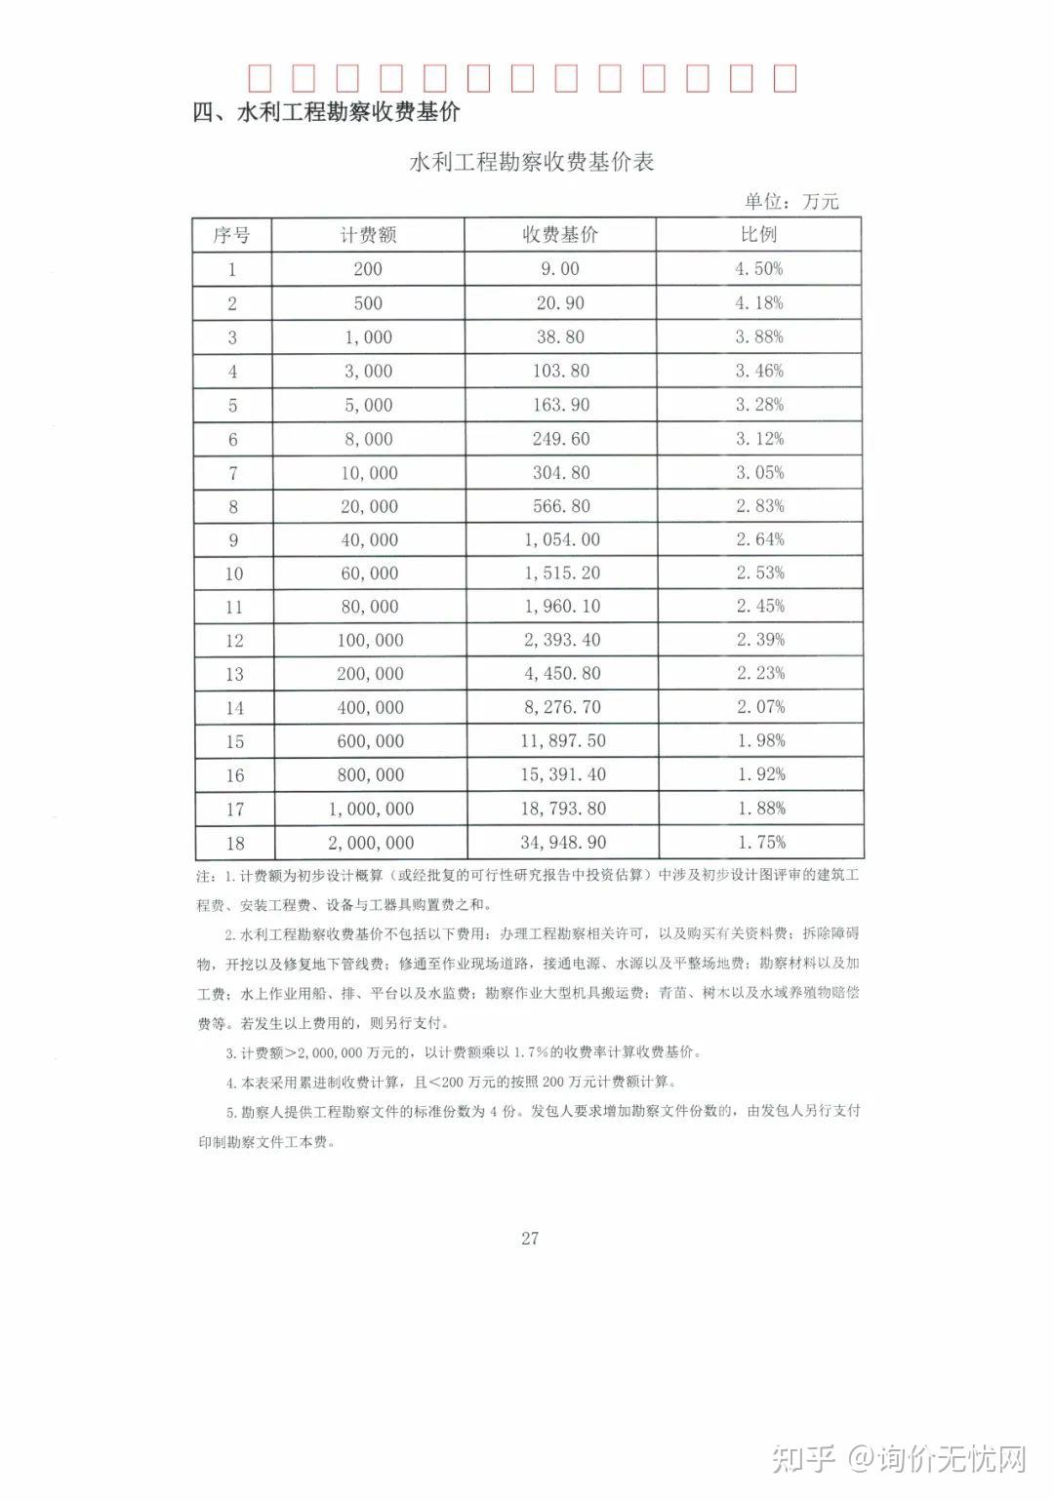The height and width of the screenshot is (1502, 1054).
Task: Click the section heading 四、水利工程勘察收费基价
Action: click(327, 112)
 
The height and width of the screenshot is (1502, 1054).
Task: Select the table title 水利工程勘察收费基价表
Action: click(532, 162)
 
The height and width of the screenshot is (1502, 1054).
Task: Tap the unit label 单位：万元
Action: click(791, 202)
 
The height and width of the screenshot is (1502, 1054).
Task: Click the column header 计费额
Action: click(368, 235)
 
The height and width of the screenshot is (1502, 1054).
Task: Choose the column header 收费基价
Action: click(560, 235)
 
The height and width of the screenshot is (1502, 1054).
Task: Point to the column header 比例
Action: click(758, 235)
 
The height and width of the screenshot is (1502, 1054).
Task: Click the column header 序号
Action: click(232, 235)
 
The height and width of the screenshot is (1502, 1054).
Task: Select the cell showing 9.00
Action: click(560, 269)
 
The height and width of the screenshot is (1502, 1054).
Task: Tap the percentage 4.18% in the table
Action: click(758, 303)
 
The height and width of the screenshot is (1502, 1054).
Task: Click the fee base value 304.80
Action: click(561, 473)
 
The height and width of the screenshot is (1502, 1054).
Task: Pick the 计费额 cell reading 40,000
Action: click(369, 540)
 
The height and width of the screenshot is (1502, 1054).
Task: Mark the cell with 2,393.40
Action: click(562, 641)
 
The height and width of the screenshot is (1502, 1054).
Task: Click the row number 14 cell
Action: click(234, 708)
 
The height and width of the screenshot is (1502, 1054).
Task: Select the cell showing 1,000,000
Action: click(371, 810)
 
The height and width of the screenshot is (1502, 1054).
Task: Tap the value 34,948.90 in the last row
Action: click(563, 843)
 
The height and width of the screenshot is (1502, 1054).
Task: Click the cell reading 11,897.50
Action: click(563, 741)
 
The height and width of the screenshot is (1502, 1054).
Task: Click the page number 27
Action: click(530, 1239)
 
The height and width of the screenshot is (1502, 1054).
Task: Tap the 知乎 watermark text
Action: click(804, 1459)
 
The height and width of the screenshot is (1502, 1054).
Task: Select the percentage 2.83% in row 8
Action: click(759, 506)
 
